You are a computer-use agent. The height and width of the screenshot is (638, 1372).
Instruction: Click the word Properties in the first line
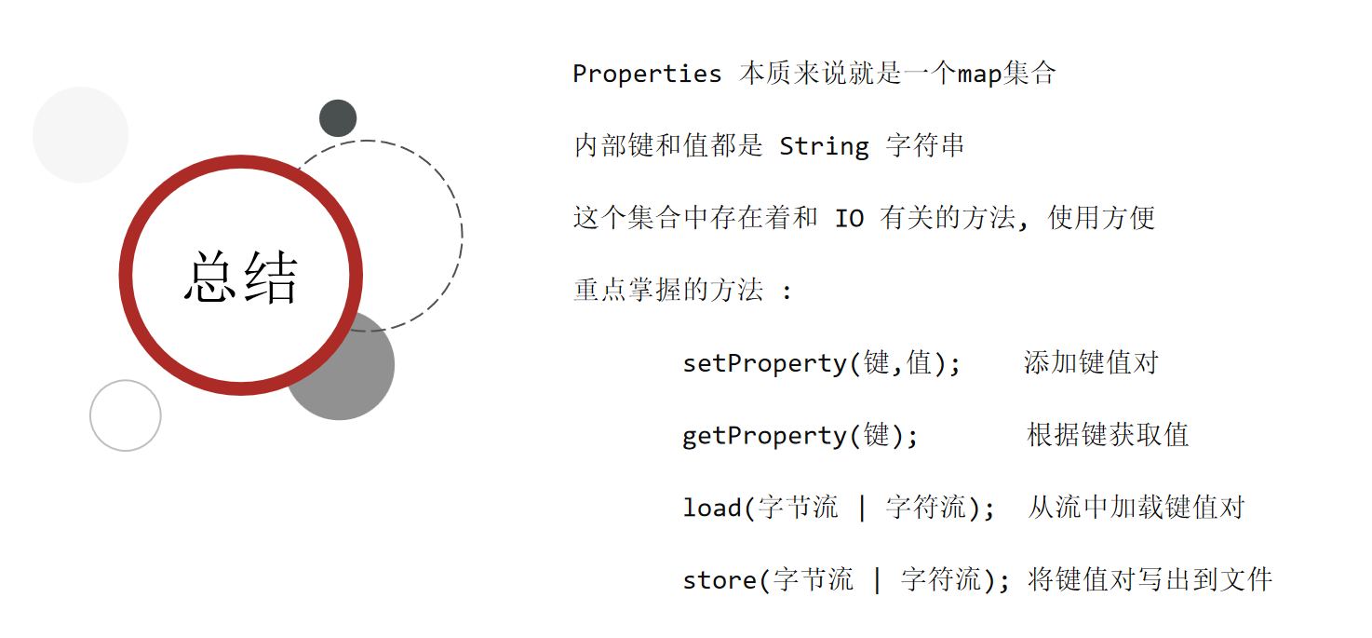click(x=647, y=75)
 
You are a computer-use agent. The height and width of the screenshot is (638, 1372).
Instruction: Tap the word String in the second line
click(x=824, y=146)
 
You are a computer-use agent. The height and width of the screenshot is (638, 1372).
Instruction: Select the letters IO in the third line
click(x=849, y=219)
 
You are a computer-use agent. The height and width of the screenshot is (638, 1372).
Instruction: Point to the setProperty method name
click(x=765, y=363)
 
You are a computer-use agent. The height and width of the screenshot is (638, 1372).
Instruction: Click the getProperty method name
click(x=765, y=436)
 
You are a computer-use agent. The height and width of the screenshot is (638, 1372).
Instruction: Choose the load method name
click(x=712, y=509)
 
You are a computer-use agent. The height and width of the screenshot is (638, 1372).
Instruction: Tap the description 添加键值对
click(x=1091, y=363)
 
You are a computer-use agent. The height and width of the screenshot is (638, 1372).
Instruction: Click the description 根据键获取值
click(x=1108, y=436)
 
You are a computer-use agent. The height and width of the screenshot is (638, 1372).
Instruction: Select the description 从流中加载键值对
click(x=1136, y=509)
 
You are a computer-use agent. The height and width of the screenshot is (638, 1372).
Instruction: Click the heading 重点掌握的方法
click(x=668, y=291)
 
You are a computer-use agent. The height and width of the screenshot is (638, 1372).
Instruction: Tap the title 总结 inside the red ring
click(x=241, y=278)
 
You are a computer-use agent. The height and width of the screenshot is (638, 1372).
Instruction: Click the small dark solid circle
click(x=338, y=118)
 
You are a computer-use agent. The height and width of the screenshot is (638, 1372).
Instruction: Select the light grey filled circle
click(x=80, y=135)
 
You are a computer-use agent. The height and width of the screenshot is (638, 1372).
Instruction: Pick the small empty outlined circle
click(x=126, y=415)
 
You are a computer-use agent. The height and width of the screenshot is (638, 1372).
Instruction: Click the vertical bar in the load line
click(x=862, y=509)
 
